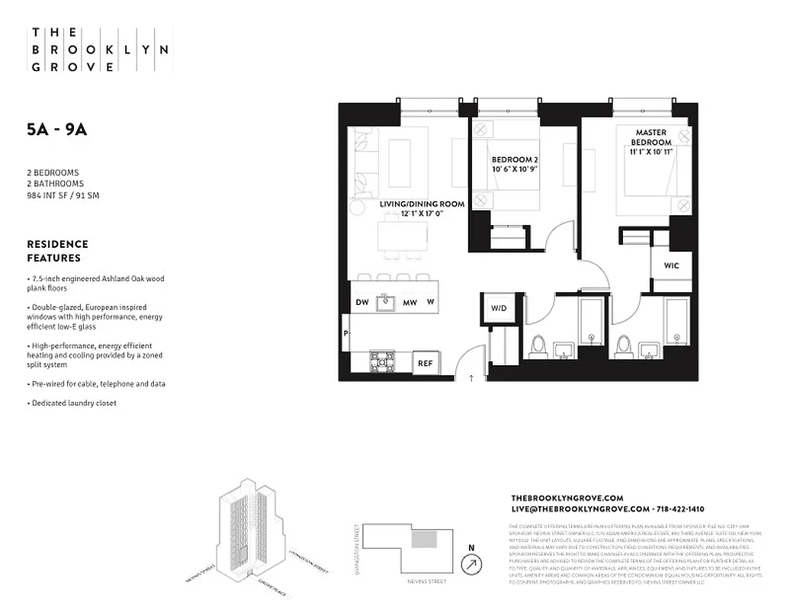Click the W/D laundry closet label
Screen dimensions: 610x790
tap(499, 308)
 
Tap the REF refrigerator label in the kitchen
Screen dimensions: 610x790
tap(425, 364)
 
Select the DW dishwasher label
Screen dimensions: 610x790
tap(363, 303)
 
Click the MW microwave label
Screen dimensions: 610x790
tap(409, 303)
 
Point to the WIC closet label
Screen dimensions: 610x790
tap(671, 266)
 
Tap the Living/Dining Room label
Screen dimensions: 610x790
tap(411, 209)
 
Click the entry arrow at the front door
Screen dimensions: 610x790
tap(470, 377)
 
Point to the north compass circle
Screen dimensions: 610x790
tap(472, 564)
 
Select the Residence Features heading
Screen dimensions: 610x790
tap(57, 251)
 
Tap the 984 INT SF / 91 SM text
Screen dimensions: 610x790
tap(63, 195)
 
